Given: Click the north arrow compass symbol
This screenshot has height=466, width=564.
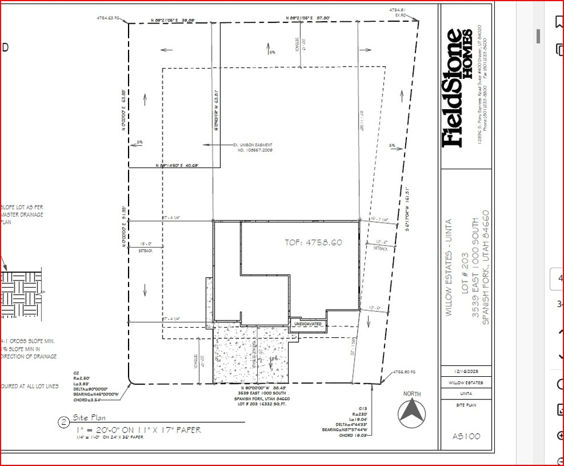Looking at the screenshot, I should click(x=412, y=413).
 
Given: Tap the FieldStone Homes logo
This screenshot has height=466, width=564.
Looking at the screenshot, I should click(x=457, y=88).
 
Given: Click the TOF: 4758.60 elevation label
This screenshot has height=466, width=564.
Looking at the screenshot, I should click(x=314, y=242).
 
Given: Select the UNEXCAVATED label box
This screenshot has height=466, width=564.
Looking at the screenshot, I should click(x=308, y=324).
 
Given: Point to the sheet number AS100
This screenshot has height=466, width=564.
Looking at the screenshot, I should click(x=466, y=436).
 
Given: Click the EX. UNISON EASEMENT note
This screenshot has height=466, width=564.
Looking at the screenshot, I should click(x=253, y=146).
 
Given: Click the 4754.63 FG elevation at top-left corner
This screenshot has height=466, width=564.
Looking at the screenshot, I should click(x=109, y=18).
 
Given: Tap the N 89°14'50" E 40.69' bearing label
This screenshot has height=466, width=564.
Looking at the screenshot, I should click(x=177, y=164).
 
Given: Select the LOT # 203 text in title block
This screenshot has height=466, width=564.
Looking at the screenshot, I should click(x=466, y=264).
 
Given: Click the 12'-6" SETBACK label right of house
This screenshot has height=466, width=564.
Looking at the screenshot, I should click(x=380, y=245).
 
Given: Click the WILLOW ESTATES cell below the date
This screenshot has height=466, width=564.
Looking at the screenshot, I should click(x=466, y=383).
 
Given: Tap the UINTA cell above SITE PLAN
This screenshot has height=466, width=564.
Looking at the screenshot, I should click(x=466, y=393).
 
